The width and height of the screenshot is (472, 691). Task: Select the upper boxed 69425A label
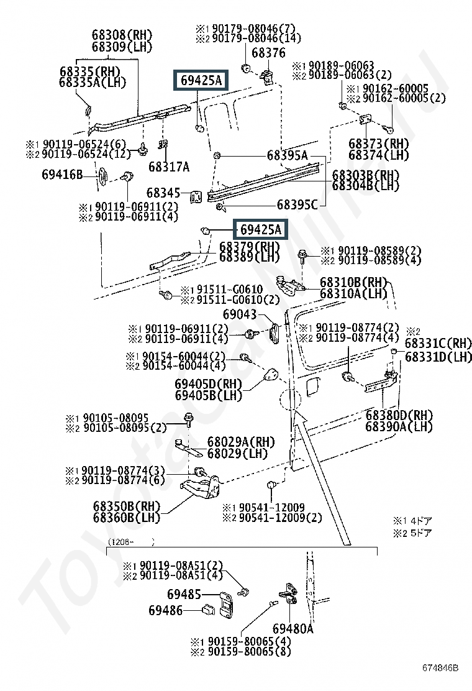click(x=201, y=80)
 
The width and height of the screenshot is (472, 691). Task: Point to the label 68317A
click(x=169, y=167)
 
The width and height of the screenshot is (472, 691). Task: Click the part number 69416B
click(x=79, y=175)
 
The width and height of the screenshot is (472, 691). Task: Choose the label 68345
click(x=163, y=193)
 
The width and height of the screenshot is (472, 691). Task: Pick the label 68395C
click(x=297, y=204)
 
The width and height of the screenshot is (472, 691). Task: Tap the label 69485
click(x=184, y=595)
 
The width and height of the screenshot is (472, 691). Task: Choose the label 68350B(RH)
click(x=122, y=505)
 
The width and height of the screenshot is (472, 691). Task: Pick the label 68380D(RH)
click(x=398, y=415)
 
